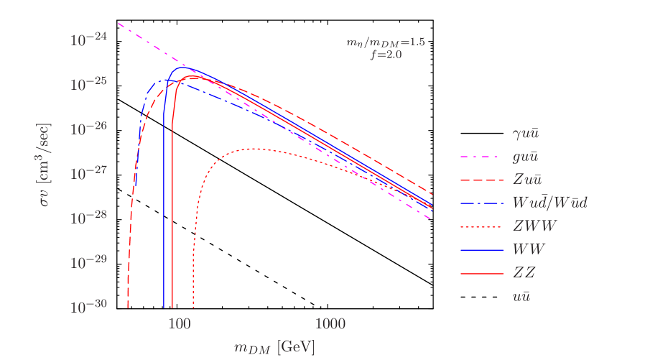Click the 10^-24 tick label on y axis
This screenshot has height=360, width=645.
coord(88,39)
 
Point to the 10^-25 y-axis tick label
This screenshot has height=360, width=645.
coord(88,83)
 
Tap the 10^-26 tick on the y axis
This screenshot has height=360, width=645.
coord(88,128)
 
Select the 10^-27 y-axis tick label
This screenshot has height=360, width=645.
coord(88,172)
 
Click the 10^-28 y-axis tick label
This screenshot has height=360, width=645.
coord(88,217)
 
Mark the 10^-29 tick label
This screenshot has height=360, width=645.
coord(88,262)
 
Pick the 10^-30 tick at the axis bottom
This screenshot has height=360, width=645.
coord(88,307)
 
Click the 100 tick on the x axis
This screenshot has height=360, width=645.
coord(179,324)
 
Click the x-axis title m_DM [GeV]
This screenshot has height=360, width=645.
coord(274,348)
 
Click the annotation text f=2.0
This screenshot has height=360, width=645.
coord(386,55)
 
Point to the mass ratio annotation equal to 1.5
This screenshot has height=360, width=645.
coord(386,43)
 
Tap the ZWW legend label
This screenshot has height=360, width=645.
coord(534,226)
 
